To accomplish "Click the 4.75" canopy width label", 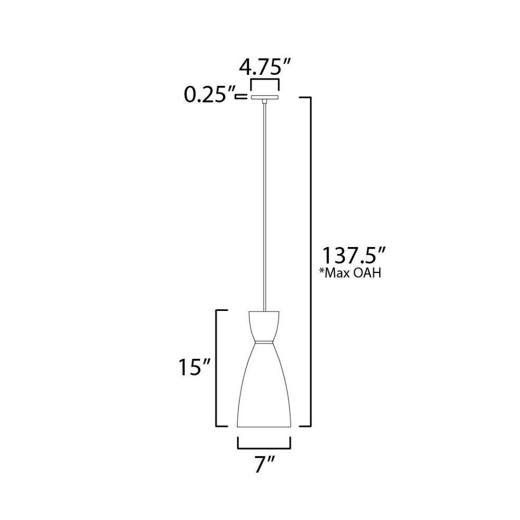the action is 265,68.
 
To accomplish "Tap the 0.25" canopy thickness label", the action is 209,96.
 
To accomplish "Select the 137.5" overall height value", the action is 354,255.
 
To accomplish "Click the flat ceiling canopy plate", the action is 265,97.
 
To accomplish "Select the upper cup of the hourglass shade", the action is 264,326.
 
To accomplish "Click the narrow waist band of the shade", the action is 264,342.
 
